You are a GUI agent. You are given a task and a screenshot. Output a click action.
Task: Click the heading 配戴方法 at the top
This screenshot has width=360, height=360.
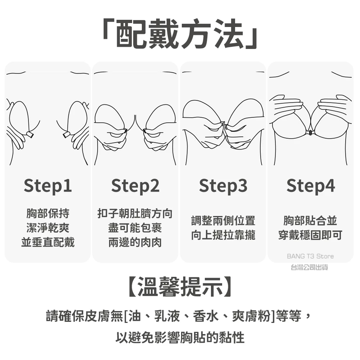pyautogui.click(x=180, y=33)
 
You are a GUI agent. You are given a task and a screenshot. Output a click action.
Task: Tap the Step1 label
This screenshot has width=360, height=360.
pyautogui.click(x=48, y=186)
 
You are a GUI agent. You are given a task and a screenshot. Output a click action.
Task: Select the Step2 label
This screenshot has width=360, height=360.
pyautogui.click(x=135, y=186)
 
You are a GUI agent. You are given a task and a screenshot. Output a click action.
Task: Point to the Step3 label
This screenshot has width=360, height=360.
pyautogui.click(x=223, y=186)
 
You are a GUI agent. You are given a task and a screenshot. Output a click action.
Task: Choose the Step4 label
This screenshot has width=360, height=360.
pyautogui.click(x=311, y=186)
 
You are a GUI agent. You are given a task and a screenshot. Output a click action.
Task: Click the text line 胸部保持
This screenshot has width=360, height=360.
pyautogui.click(x=48, y=213)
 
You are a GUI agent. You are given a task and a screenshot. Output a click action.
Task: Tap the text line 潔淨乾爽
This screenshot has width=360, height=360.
pyautogui.click(x=48, y=228)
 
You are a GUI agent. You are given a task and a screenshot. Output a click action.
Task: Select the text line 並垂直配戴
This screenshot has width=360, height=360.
pyautogui.click(x=48, y=242)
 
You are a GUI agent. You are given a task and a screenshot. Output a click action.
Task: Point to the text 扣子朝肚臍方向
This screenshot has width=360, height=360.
pyautogui.click(x=135, y=213)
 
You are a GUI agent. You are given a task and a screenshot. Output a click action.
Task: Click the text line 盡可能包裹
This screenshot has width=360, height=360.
pyautogui.click(x=135, y=228)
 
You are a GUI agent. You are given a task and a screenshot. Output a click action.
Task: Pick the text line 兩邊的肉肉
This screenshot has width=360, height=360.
pyautogui.click(x=135, y=242)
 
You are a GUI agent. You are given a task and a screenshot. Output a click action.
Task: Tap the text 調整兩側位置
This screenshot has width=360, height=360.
pyautogui.click(x=223, y=221)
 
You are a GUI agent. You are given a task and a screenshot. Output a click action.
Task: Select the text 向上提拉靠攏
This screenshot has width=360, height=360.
pyautogui.click(x=223, y=235)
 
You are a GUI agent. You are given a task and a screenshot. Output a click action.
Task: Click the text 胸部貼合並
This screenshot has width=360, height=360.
pyautogui.click(x=310, y=221)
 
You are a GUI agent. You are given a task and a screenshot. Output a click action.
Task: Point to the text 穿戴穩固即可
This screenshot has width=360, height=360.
pyautogui.click(x=310, y=235)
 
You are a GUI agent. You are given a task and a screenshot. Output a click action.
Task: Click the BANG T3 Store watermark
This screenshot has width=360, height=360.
pyautogui.click(x=310, y=256)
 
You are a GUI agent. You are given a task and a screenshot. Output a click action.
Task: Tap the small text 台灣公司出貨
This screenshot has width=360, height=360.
pyautogui.click(x=309, y=267)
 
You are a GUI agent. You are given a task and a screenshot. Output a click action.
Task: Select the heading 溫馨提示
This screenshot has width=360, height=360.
pyautogui.click(x=180, y=287)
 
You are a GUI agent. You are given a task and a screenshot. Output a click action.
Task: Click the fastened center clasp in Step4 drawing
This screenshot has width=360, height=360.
pyautogui.click(x=310, y=132)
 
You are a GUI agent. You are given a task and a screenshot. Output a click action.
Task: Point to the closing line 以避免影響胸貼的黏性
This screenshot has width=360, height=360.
pyautogui.click(x=180, y=337)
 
